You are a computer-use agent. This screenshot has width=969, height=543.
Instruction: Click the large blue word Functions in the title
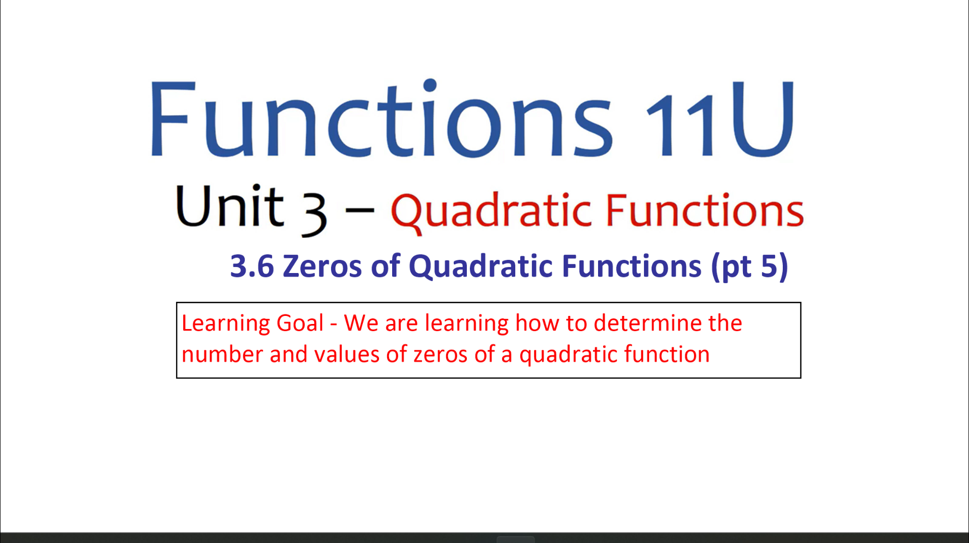tap(382, 118)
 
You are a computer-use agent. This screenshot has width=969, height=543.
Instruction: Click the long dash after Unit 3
tap(359, 209)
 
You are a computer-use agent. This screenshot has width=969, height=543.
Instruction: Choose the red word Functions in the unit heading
tap(705, 209)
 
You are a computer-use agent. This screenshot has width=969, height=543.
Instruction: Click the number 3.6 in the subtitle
tap(252, 266)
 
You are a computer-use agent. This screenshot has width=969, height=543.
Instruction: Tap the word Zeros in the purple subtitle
tap(322, 266)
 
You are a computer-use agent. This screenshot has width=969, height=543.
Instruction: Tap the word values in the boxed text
tap(347, 354)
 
